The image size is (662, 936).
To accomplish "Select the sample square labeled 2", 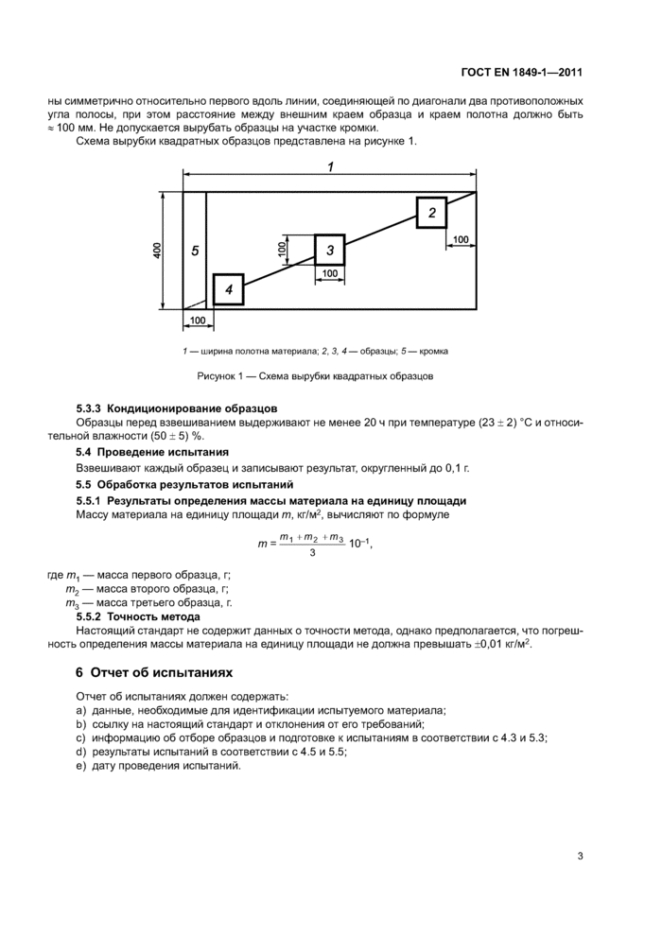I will [x=431, y=213].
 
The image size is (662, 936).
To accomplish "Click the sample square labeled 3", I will [x=330, y=250].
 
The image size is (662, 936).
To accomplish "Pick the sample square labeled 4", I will [x=228, y=289].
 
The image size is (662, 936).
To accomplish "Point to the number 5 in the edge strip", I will [x=194, y=251].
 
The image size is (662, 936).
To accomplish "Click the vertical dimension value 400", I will [x=156, y=251].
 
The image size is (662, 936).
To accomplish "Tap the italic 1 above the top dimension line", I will [x=330, y=165].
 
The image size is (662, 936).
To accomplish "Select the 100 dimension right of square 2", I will [x=461, y=240].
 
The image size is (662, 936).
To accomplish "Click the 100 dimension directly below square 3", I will [x=330, y=274].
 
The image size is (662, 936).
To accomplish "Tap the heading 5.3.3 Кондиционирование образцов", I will [x=177, y=408].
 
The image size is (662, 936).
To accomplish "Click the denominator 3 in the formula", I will [x=311, y=554].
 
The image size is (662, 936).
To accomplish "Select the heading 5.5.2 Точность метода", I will [x=149, y=615].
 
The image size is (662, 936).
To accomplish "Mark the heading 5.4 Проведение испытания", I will [x=152, y=452].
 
